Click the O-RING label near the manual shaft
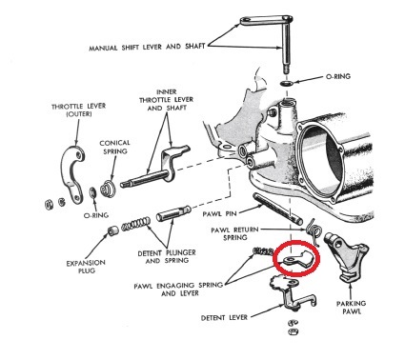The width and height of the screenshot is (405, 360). coord(338,76)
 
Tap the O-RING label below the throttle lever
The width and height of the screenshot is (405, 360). coord(96,215)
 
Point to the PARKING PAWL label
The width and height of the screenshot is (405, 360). coord(352,308)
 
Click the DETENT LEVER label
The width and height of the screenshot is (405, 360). coord(224,317)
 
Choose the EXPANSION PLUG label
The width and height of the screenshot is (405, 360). coord(86,267)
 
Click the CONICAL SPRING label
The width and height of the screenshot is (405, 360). coord(114,147)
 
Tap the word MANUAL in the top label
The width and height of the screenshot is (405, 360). coord(103,49)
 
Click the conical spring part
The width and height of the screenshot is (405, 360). coord(108,188)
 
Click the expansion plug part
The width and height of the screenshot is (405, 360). coord(112,230)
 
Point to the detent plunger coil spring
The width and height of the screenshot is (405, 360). coord(136,223)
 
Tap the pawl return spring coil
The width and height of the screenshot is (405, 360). coord(314,230)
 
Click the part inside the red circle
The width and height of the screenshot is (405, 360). coord(297,258)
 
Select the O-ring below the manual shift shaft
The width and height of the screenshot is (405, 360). coord(287,83)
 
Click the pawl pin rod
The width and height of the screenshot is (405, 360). coord(277,209)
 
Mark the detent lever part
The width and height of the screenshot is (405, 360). coord(291,290)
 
